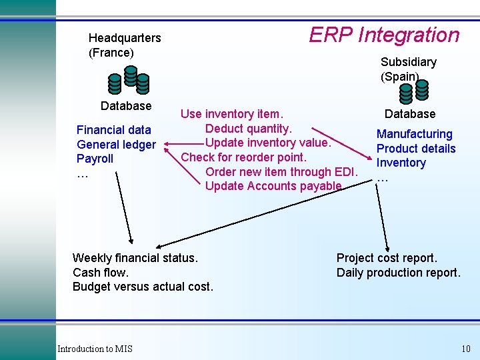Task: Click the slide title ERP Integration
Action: point(384,35)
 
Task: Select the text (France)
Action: point(111,53)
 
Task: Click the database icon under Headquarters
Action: point(128,81)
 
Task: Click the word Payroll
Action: point(95,159)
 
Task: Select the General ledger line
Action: point(116,145)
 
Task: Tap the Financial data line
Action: point(114,130)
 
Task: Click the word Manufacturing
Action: point(414,134)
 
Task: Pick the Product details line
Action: point(416,149)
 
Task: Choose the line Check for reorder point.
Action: point(244,157)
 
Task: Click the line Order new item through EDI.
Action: point(282,172)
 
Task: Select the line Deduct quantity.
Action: point(249,128)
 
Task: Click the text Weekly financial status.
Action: point(135,258)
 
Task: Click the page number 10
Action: point(465,349)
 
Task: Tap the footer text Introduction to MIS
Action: point(95,349)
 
